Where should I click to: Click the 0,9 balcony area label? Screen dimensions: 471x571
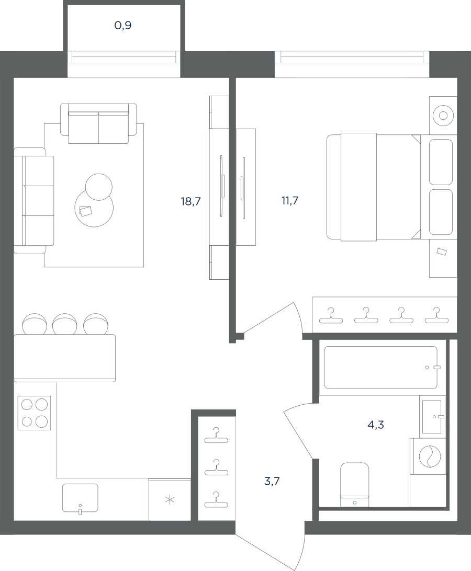123,26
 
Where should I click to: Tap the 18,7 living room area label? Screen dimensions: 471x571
190,201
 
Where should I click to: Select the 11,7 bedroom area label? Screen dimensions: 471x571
290,200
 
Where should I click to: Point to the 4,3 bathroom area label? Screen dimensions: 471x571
376,425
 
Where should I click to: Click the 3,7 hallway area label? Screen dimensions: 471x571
272,482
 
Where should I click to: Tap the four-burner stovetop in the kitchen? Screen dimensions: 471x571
35,413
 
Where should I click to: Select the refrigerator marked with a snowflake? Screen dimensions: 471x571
170,500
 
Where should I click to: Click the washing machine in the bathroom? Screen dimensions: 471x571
428,456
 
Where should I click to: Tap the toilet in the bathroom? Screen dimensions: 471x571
355,484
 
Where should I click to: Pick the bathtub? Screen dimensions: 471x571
380,368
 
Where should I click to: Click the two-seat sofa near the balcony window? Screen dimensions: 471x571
98,124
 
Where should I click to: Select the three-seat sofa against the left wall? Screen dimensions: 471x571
34,201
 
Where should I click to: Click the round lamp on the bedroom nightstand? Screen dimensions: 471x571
443,116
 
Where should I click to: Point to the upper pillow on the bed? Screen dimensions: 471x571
441,162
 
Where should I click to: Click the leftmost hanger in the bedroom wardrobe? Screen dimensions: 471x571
331,315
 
